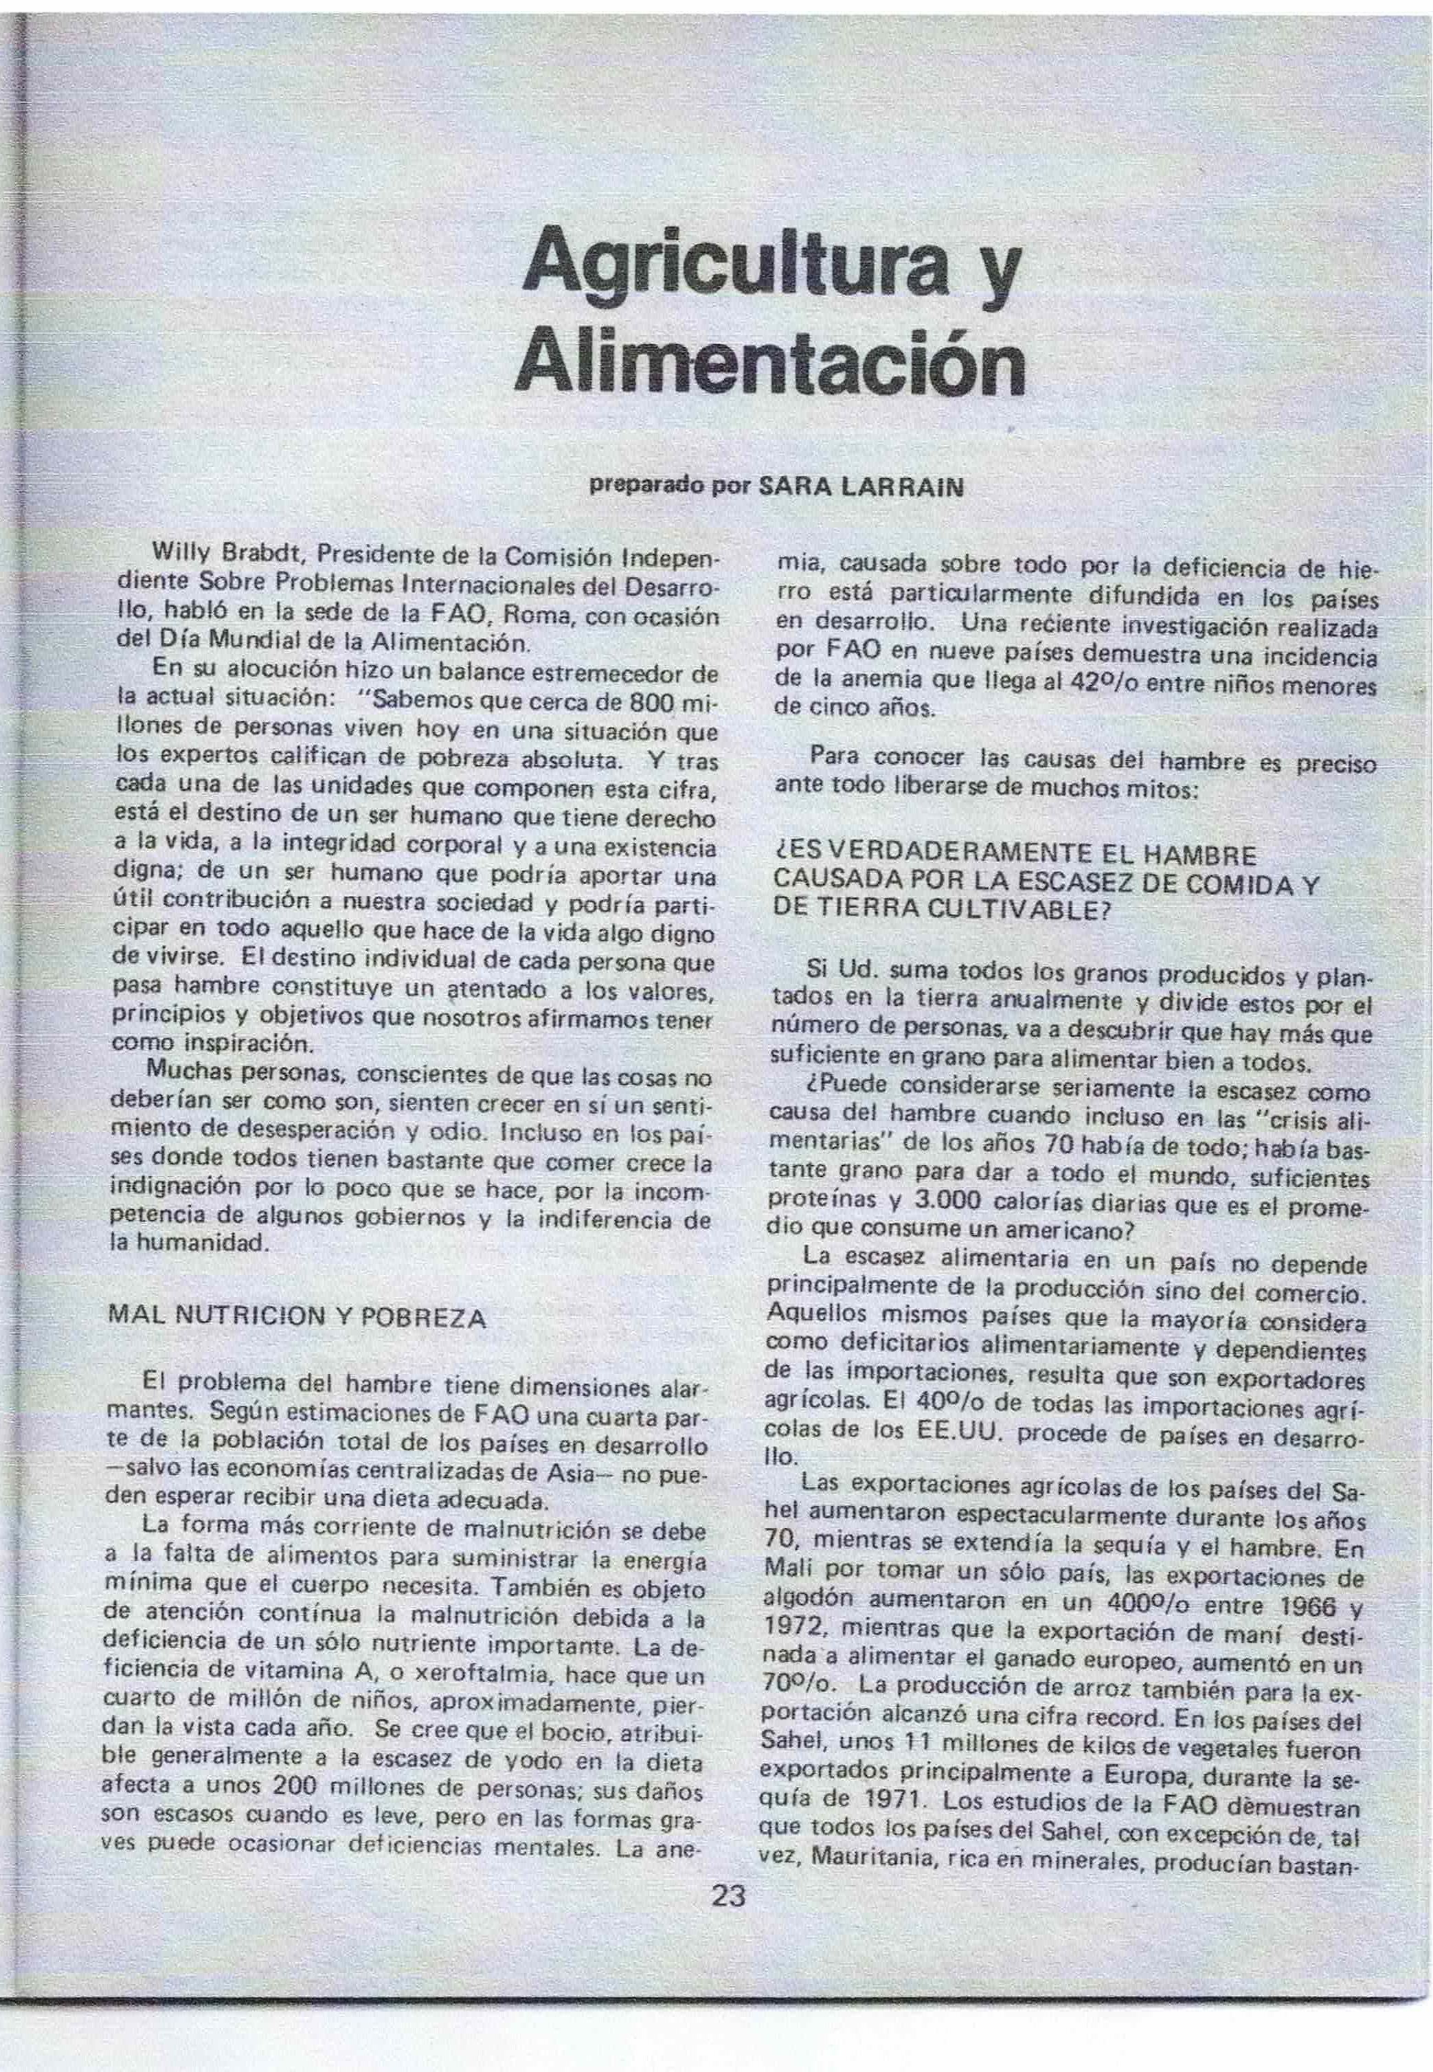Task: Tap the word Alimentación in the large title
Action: [x=769, y=360]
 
